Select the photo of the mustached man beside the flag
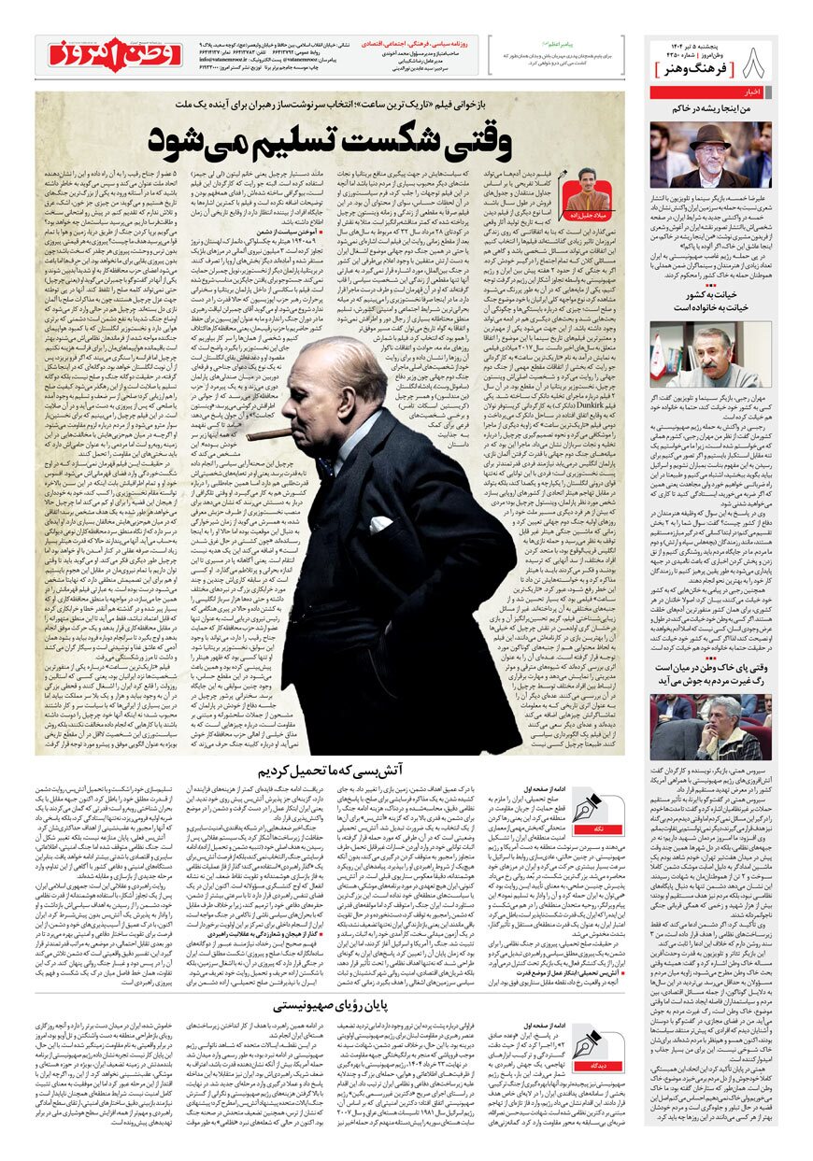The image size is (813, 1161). click(711, 354)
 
